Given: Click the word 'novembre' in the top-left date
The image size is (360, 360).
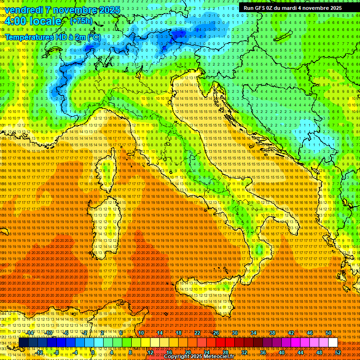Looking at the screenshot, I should coord(74,10).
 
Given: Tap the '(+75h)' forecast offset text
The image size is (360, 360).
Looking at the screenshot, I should coord(81,21).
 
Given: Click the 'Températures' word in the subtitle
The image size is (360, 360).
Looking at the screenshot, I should coord(30,37).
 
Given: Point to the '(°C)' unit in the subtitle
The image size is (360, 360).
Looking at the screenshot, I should coord(94,37).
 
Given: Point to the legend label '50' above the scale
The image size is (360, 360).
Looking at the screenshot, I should coord(328,333).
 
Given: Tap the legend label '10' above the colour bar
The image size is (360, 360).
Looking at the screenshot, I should coord(141,333).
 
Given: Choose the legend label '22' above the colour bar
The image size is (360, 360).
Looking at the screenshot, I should coord(197,333).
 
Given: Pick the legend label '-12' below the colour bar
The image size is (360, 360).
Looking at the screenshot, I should coord(39,352).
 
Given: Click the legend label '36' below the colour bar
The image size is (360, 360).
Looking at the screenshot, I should coord(262,352).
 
